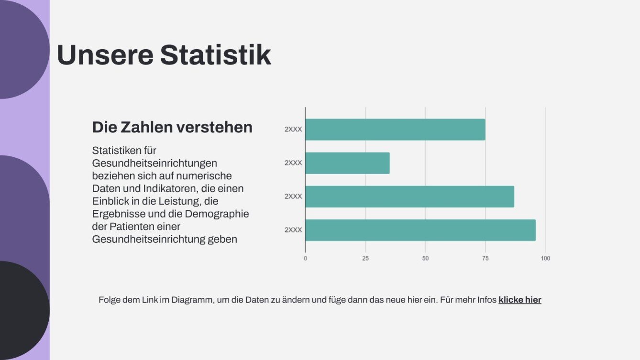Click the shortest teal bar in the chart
click(x=347, y=163)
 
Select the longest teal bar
click(x=420, y=230)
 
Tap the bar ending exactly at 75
click(x=395, y=130)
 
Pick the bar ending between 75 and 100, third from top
click(x=409, y=196)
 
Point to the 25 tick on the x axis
click(x=365, y=258)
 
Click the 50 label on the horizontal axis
click(x=425, y=258)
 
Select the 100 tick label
click(x=545, y=258)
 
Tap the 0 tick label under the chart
click(x=306, y=258)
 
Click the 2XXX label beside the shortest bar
click(x=293, y=163)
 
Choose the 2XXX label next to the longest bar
click(x=293, y=230)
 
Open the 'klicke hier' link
click(x=519, y=300)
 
